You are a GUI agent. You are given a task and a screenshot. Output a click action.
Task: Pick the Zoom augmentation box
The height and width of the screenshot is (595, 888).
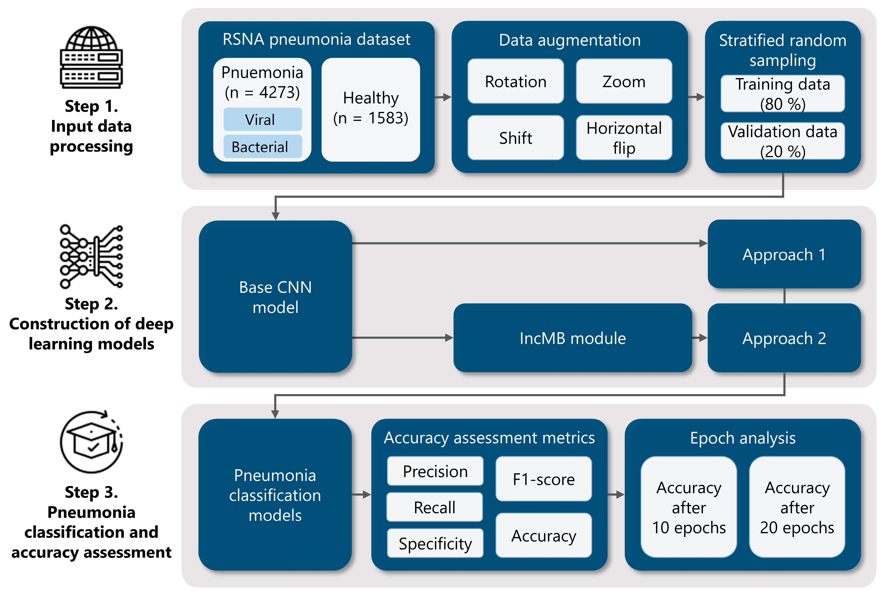[623, 81]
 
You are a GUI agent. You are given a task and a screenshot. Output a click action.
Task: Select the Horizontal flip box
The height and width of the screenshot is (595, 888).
[623, 138]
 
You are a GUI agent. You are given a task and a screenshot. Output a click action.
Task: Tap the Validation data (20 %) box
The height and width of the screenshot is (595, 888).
[782, 141]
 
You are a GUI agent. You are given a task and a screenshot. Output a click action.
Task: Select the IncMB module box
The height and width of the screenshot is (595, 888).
[572, 338]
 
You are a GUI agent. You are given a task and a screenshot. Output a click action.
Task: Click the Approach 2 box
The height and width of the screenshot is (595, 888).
[784, 338]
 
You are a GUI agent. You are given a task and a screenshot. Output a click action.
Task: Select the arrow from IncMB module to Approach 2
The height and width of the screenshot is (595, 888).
[700, 338]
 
